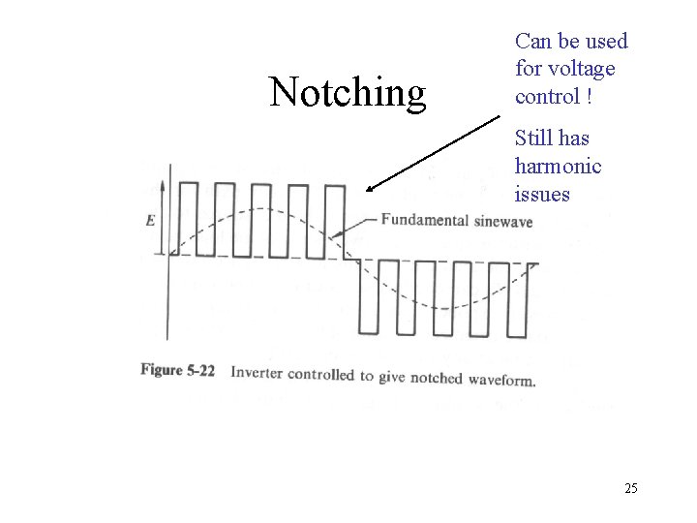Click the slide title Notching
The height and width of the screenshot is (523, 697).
(348, 92)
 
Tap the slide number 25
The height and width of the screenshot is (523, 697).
(630, 488)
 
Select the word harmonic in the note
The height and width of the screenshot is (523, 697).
(558, 166)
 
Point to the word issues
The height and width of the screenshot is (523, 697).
(542, 194)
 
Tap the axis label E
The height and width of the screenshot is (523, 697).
(150, 220)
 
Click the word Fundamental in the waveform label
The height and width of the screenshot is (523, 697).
(424, 219)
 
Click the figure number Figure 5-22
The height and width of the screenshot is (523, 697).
(177, 370)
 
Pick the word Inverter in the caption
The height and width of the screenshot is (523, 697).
(258, 372)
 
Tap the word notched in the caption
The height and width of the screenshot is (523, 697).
(435, 377)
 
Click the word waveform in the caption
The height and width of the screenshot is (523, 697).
(500, 380)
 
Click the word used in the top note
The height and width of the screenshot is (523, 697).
(608, 41)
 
